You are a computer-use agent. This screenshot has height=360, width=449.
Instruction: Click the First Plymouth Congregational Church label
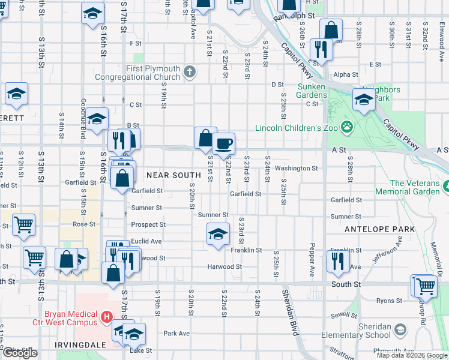(153, 73)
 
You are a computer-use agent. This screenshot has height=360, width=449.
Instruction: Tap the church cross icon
(190, 73)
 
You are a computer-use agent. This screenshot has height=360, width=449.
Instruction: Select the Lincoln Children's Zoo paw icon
(346, 127)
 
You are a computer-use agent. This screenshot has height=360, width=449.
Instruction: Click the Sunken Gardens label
(312, 91)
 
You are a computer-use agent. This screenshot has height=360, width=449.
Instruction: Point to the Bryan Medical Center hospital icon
(107, 316)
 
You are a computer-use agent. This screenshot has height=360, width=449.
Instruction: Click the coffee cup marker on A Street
(223, 143)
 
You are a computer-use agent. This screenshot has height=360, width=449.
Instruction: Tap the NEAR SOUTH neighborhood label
(173, 175)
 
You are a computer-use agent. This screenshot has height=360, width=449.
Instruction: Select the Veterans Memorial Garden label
(415, 187)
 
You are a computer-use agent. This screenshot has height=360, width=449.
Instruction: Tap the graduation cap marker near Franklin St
(218, 233)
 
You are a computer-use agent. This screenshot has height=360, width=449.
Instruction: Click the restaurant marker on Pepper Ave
(338, 261)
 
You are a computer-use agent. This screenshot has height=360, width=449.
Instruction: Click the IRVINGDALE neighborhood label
(80, 345)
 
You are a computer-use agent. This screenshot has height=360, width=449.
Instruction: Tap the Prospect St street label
(148, 224)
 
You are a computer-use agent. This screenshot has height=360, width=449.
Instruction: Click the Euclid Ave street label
(147, 241)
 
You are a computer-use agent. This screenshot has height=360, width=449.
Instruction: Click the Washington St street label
(296, 169)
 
